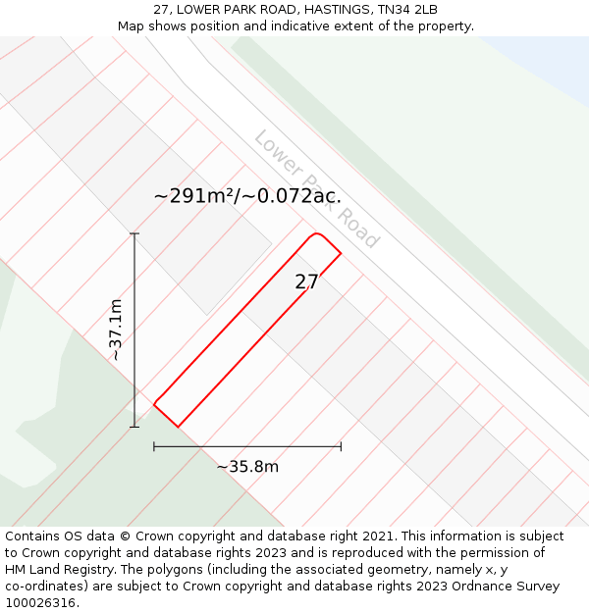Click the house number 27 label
306,282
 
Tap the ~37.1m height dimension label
116,330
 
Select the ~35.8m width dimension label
247,467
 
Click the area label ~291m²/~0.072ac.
247,196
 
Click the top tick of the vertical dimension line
134,233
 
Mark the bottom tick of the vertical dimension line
134,426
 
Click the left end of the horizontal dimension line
154,446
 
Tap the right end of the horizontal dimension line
341,446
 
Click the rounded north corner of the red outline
315,234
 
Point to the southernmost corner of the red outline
178,427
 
